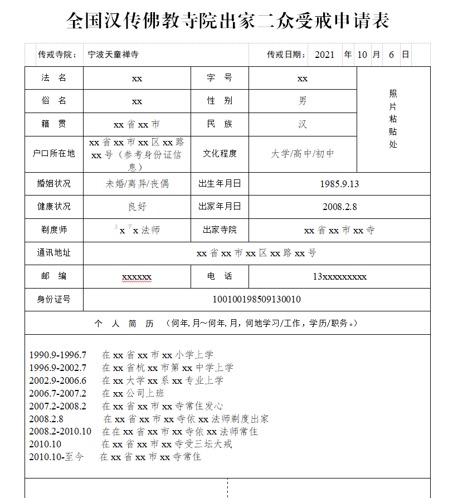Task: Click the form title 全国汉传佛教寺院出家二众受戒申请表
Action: point(227,21)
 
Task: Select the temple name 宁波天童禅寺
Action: point(113,55)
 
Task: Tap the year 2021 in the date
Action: point(324,55)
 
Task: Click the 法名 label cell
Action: point(54,78)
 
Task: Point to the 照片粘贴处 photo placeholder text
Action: point(393,119)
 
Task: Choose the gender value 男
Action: point(303,101)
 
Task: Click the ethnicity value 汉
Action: point(303,124)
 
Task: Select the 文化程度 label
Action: point(220,154)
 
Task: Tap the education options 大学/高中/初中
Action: point(303,154)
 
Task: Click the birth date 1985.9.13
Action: point(339,184)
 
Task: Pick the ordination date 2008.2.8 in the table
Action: point(339,207)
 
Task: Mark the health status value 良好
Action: point(137,207)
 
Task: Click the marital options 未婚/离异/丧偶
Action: point(137,184)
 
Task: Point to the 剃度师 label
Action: point(54,230)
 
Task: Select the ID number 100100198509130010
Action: point(256,300)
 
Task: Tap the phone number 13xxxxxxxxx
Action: point(339,276)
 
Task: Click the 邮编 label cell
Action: point(54,276)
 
